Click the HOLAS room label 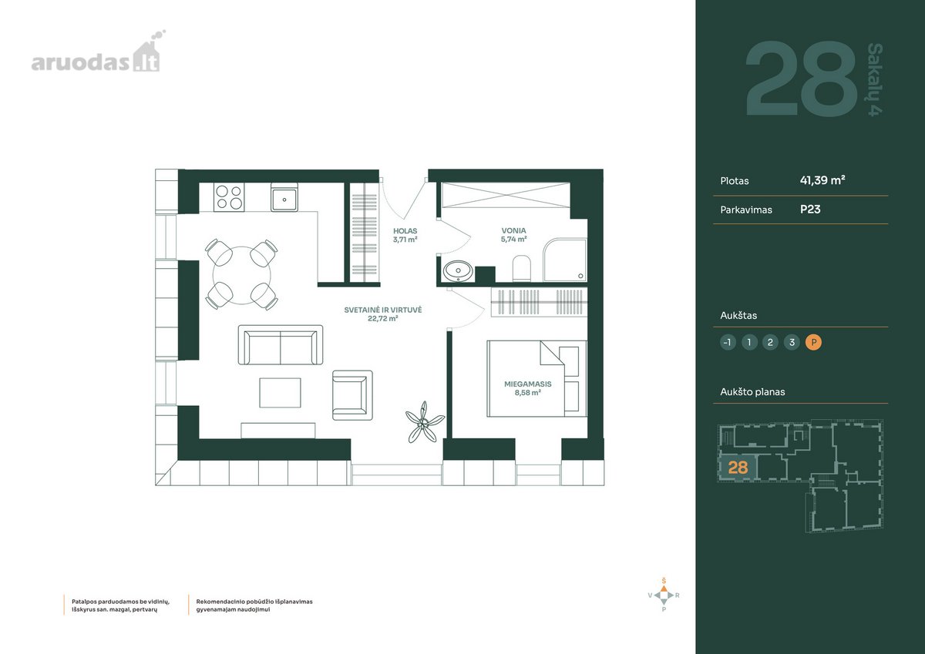(405, 231)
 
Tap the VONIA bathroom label (513, 230)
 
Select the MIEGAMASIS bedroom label (528, 384)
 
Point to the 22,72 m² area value (383, 318)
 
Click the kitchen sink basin (284, 198)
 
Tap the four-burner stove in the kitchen (229, 197)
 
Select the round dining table (241, 275)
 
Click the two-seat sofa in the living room (281, 345)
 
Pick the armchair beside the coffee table (352, 395)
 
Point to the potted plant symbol (424, 422)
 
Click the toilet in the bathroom (521, 269)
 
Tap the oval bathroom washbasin (458, 271)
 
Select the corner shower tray (564, 260)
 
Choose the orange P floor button (813, 342)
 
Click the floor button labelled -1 (728, 342)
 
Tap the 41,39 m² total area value (822, 180)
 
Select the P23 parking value (810, 210)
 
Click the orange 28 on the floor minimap (738, 467)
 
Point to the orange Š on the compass (664, 581)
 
